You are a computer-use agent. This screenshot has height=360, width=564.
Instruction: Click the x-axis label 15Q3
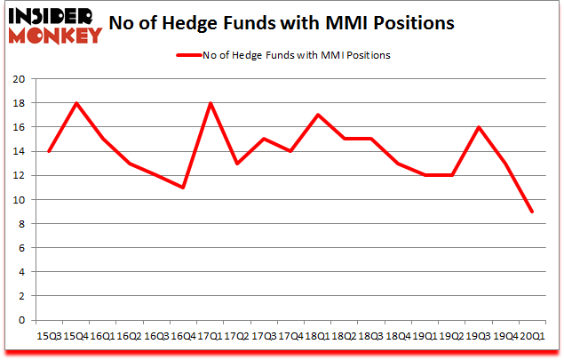49,336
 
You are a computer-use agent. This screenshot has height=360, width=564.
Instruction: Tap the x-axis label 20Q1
532,336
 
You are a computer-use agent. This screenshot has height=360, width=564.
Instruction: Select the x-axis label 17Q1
210,336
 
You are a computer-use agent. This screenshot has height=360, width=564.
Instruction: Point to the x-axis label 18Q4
398,336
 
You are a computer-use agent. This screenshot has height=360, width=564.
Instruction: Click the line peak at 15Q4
75,103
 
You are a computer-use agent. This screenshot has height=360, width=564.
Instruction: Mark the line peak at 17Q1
210,103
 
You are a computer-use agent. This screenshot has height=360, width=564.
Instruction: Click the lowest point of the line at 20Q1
532,212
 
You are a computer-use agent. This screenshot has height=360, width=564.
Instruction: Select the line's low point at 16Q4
183,188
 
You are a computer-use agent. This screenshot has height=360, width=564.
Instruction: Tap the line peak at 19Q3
479,127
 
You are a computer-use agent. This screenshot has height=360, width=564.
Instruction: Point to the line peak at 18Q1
317,115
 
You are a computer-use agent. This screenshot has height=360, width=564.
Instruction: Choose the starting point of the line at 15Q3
49,151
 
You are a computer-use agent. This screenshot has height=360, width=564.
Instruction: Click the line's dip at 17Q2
236,164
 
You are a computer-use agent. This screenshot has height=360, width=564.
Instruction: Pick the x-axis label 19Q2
451,336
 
